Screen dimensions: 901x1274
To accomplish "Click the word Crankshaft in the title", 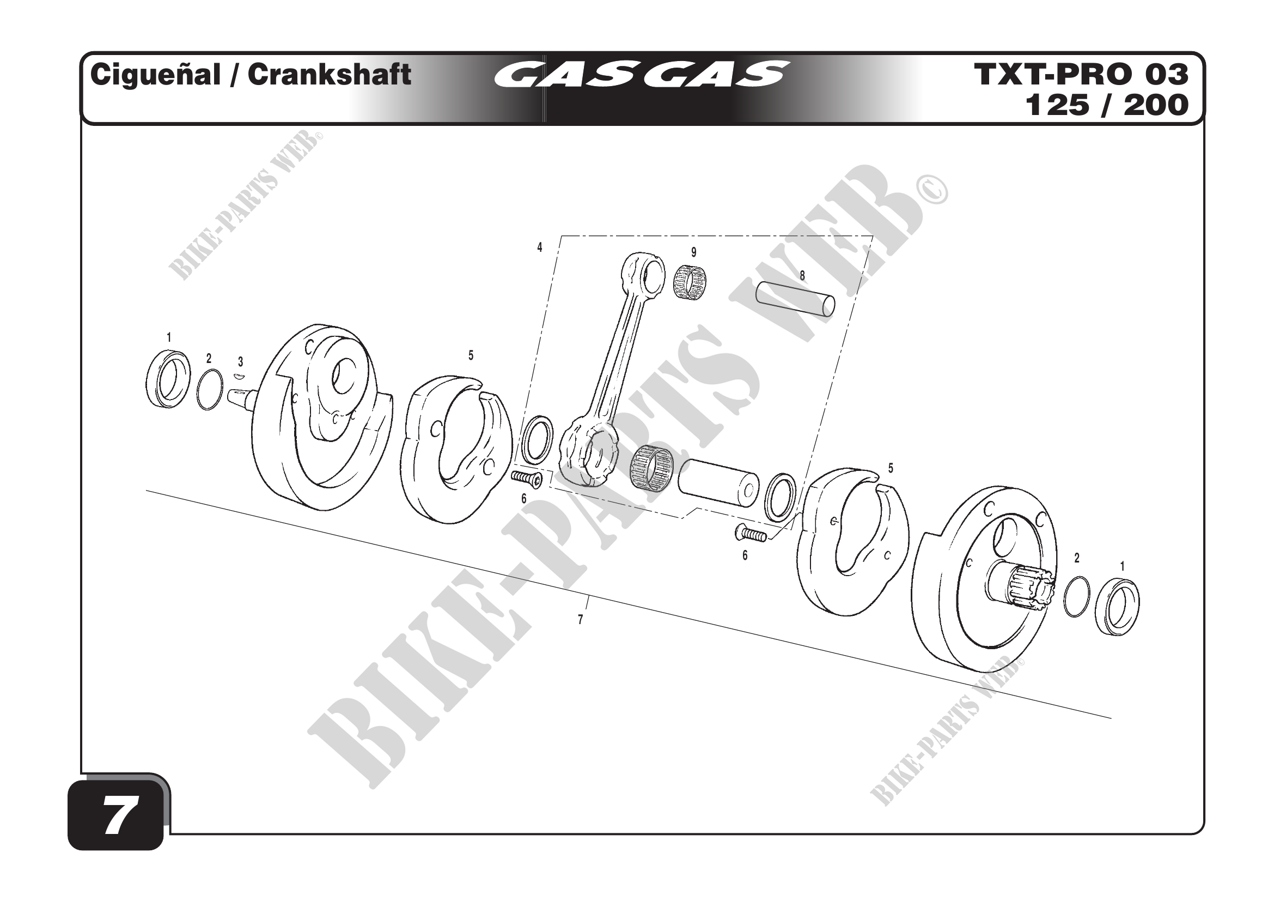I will [x=329, y=74].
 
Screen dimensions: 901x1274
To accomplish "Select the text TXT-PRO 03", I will [x=1081, y=74].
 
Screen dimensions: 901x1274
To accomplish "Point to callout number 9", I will [x=693, y=252].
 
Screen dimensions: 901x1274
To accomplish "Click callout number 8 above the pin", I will [x=802, y=275].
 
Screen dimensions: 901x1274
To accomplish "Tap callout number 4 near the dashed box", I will [x=539, y=247].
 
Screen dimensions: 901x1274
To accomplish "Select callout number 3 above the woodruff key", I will [x=240, y=362].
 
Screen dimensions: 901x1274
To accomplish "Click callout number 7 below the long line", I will [x=581, y=620].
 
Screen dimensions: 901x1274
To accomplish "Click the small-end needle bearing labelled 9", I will [x=690, y=282].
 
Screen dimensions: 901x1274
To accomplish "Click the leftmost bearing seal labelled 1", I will [x=168, y=379].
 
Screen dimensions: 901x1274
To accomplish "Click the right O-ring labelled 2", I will [x=1077, y=596].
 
